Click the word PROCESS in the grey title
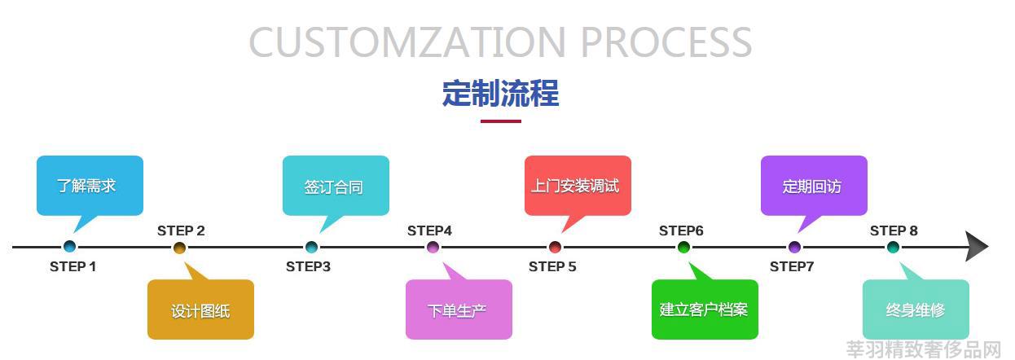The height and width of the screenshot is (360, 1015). (x=666, y=42)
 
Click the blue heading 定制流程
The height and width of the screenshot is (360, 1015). (x=501, y=94)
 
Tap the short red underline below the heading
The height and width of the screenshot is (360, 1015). (x=501, y=121)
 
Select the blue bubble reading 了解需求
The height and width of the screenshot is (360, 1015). (x=90, y=186)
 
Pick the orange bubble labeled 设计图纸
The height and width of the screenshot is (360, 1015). (x=200, y=310)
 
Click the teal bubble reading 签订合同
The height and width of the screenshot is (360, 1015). (x=336, y=186)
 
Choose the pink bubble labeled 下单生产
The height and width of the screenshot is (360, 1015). (x=459, y=310)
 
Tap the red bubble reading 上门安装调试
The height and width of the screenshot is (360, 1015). (x=578, y=186)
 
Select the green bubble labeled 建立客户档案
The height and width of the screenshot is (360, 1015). (x=705, y=310)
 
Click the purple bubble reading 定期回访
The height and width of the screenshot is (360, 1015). (x=814, y=186)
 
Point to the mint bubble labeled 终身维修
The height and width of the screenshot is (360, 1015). (x=916, y=310)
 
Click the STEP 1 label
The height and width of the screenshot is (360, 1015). (x=73, y=266)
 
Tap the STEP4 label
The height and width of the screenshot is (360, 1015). (x=429, y=231)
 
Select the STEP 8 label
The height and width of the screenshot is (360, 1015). (x=894, y=231)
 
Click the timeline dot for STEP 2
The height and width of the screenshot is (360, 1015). (x=180, y=248)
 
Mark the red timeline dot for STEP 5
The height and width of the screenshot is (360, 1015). (x=555, y=248)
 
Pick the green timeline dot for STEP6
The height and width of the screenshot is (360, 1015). (x=683, y=248)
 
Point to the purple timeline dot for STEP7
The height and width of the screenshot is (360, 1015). (x=794, y=248)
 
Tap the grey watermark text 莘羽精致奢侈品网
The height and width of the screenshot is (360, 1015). (x=924, y=349)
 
